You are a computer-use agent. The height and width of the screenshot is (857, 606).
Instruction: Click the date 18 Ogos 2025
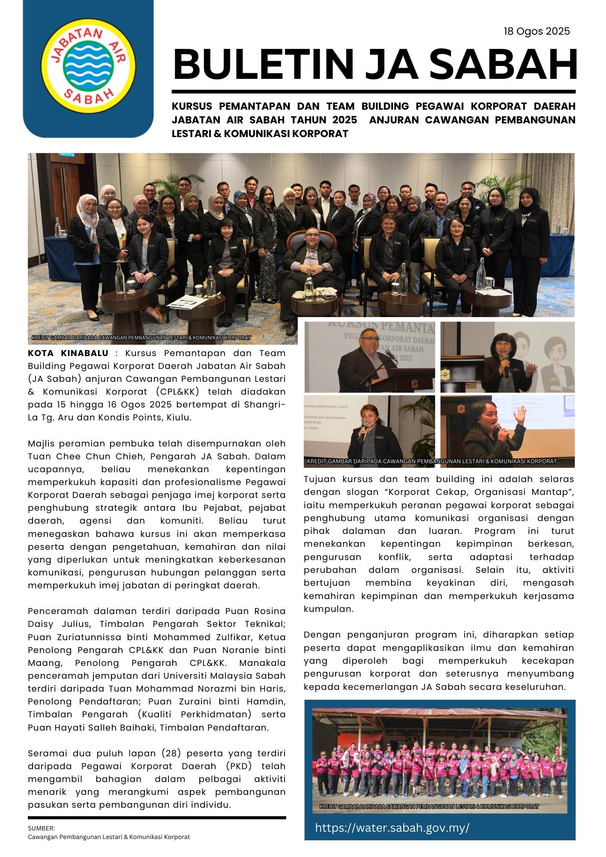[x=537, y=31]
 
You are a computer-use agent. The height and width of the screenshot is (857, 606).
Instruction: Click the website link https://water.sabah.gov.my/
[x=392, y=827]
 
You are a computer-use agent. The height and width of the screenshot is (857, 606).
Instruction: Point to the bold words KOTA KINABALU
[x=68, y=354]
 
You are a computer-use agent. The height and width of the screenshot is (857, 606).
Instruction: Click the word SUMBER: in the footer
[x=41, y=828]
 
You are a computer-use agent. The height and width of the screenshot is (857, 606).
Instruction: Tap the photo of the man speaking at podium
[x=369, y=357]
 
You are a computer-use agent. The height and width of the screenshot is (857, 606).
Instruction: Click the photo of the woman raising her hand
[x=507, y=431]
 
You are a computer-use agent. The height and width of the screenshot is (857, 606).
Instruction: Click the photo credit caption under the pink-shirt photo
[x=429, y=806]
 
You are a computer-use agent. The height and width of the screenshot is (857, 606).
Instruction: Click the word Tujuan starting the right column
[x=319, y=479]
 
